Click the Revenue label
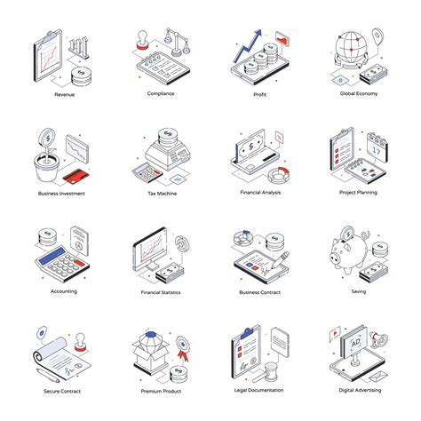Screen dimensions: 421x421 pos(64,94)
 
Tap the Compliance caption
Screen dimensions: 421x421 pos(161,92)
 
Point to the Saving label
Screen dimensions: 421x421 pos(358,290)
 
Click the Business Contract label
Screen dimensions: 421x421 pos(259,291)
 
